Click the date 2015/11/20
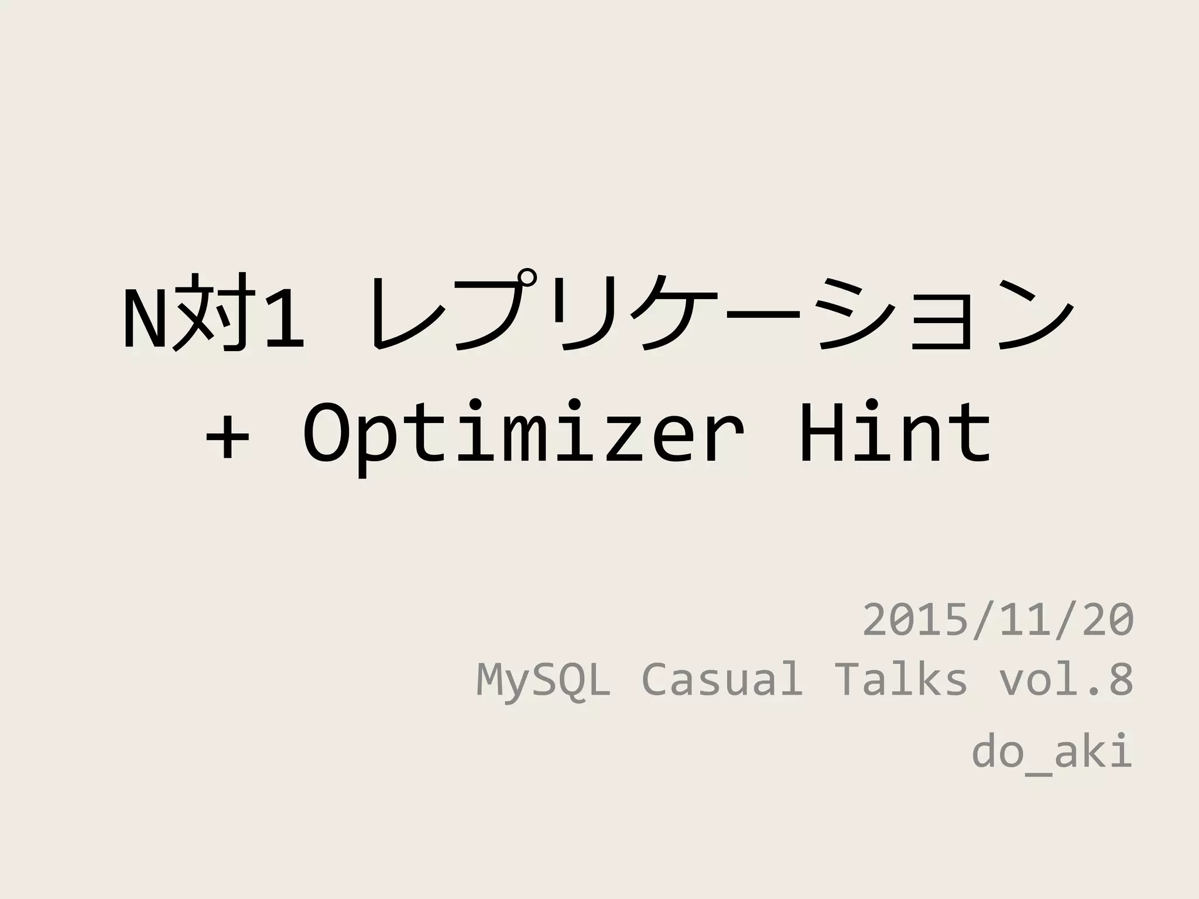998,620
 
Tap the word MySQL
543,680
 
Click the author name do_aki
1051,752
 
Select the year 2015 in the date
916,620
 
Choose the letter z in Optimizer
621,439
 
